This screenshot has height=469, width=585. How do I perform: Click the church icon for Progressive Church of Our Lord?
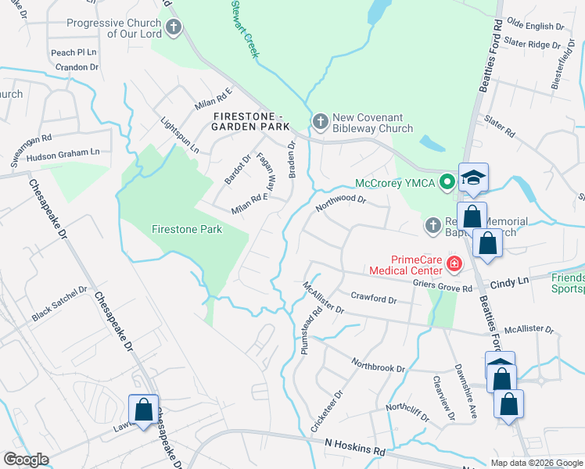174,29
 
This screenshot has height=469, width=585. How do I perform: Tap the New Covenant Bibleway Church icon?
319,122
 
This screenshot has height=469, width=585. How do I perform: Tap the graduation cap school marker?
473,178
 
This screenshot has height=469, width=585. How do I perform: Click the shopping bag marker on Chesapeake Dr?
143,410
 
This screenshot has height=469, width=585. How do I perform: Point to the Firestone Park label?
187,229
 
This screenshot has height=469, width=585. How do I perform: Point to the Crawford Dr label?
374,299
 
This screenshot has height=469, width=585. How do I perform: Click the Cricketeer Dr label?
325,411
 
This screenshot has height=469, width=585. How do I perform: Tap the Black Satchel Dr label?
59,305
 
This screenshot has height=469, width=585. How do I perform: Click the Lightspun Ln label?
179,134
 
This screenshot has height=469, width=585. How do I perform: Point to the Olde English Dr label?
536,26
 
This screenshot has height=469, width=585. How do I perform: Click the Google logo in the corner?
26,460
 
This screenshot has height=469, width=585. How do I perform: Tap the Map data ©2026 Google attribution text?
536,463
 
